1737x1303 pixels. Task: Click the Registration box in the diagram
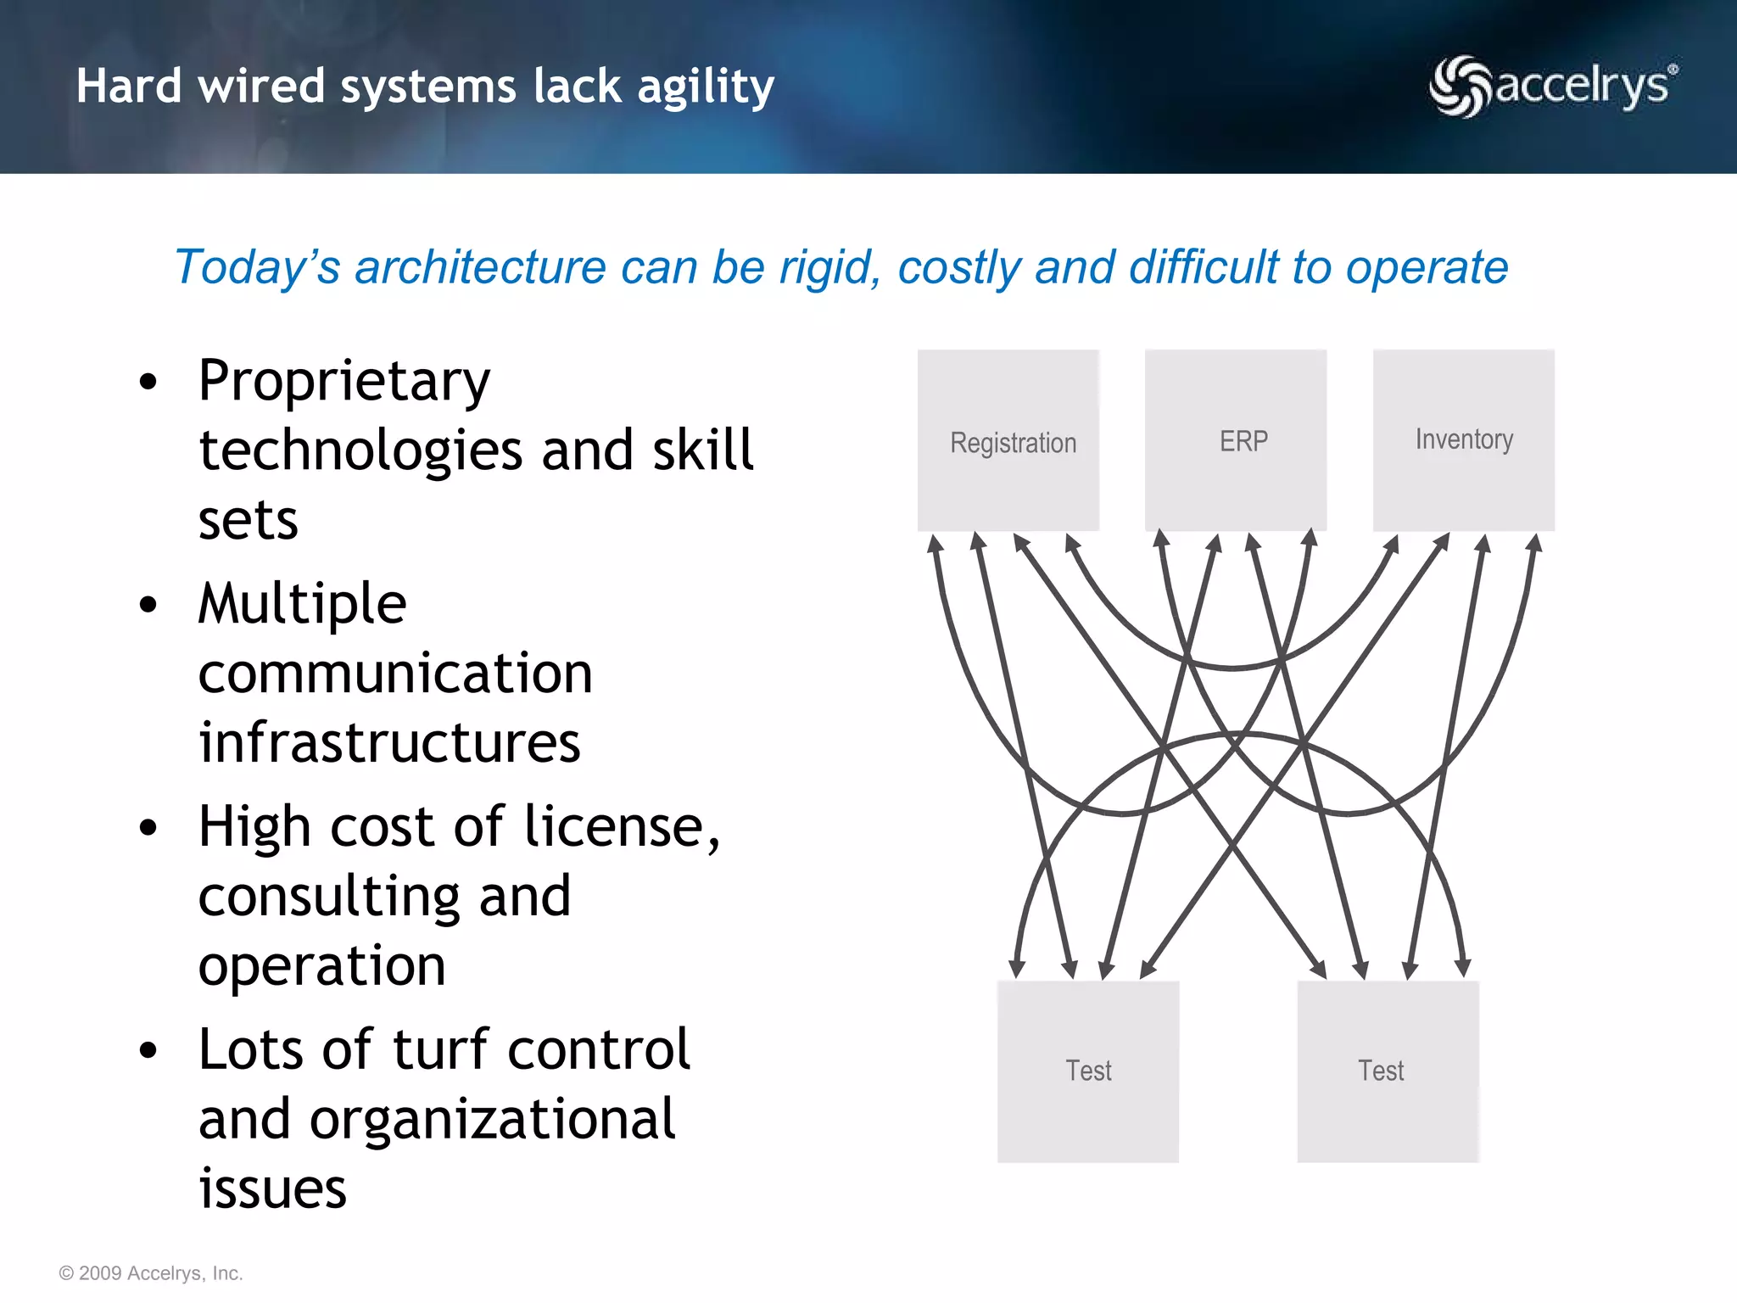pos(1008,441)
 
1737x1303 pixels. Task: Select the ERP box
pos(1236,440)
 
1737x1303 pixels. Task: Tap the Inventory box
pos(1464,439)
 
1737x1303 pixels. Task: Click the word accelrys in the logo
pos(1583,86)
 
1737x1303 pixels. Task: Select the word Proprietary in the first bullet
pos(343,382)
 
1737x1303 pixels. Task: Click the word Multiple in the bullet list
pos(302,604)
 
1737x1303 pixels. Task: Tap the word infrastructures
pos(389,742)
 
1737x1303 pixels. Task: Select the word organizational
pos(492,1120)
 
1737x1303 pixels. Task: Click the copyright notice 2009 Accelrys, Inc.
pos(151,1273)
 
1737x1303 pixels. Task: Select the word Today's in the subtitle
pos(257,267)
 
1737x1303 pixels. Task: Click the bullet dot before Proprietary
pos(148,382)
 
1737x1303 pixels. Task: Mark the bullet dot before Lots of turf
pos(148,1050)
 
